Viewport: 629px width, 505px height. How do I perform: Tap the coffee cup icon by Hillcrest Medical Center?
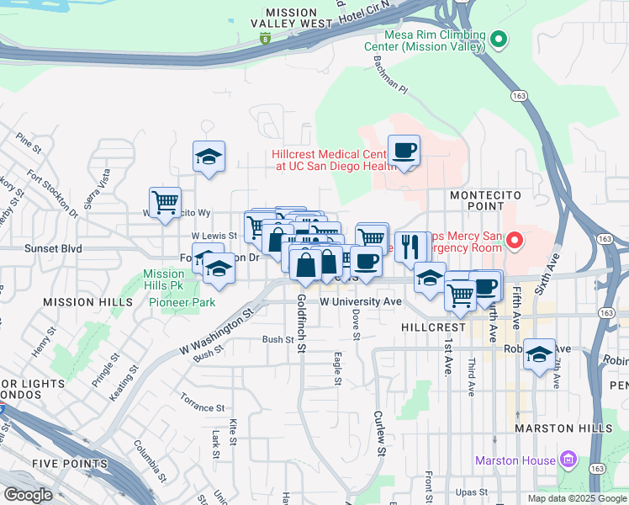(404, 151)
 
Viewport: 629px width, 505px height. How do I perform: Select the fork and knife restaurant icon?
(410, 246)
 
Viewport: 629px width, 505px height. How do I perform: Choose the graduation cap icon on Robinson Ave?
(539, 353)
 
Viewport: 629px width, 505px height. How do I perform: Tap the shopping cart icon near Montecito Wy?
(166, 202)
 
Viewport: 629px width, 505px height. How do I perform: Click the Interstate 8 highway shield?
(267, 38)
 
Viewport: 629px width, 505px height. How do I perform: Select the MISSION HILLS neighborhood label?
(88, 302)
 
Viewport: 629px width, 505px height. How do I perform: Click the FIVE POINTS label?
(70, 464)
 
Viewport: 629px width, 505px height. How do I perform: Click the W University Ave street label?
(361, 300)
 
